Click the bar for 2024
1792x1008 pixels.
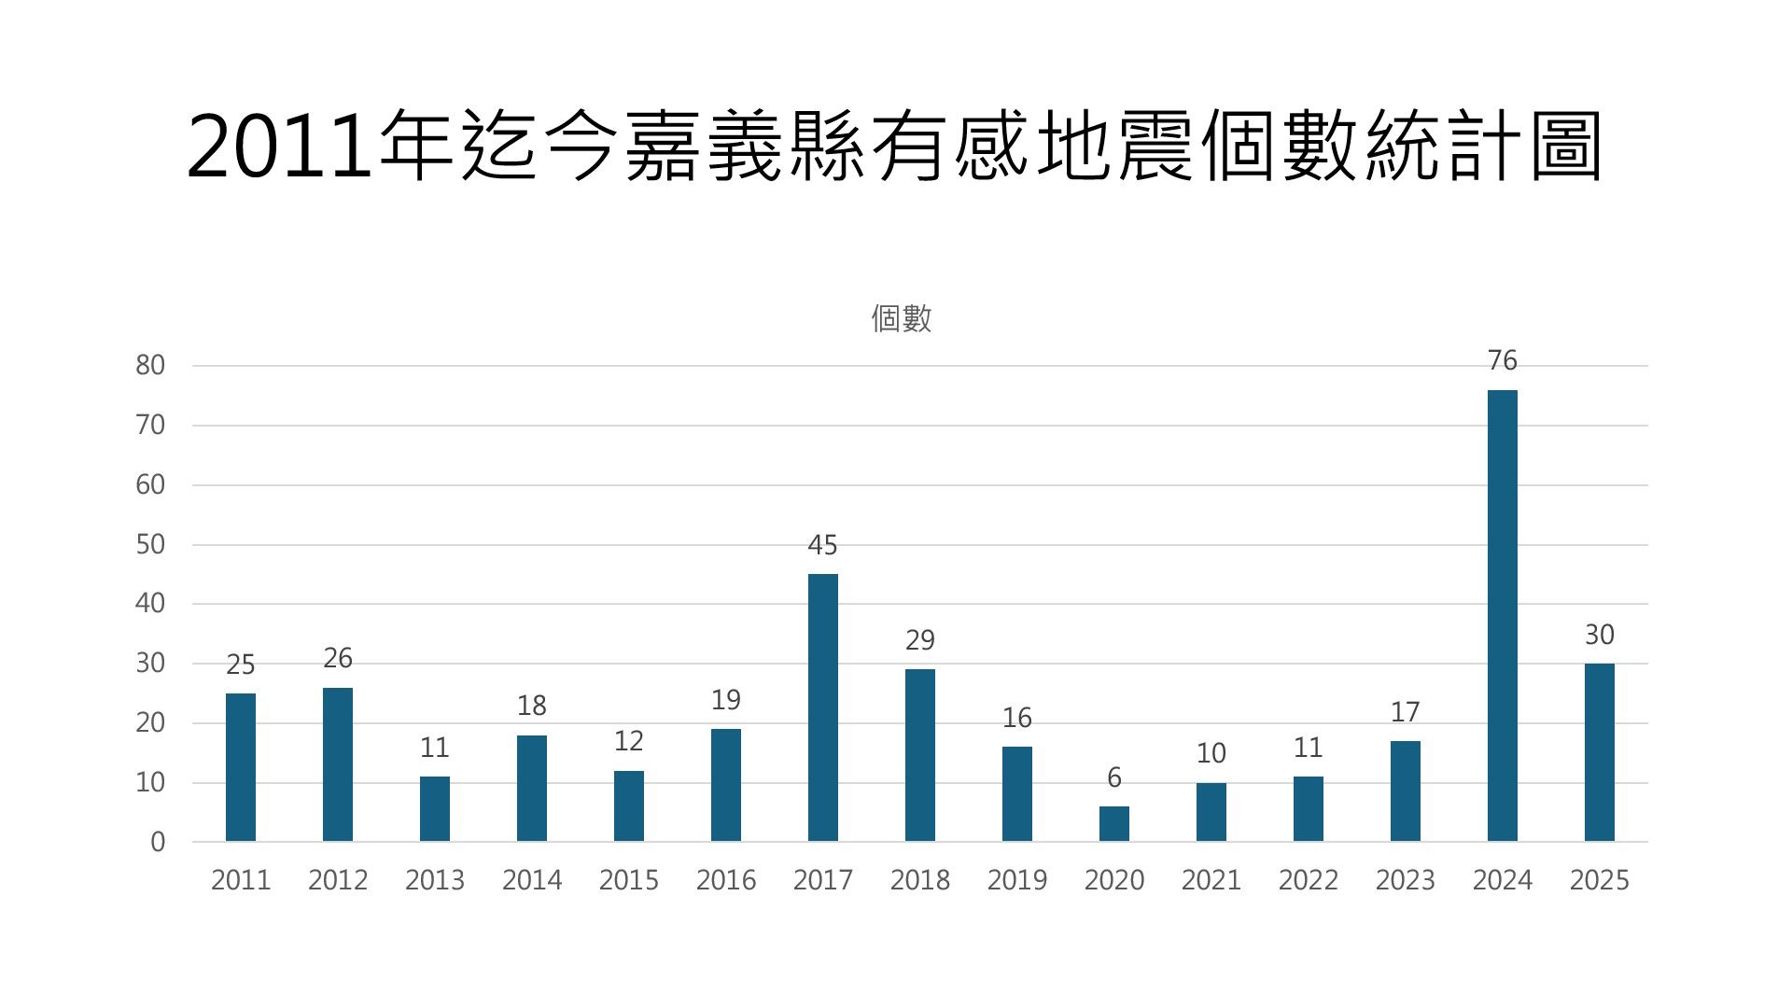1502,616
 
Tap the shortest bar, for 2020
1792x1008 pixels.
1113,824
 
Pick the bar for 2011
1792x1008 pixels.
241,767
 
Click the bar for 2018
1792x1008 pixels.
919,755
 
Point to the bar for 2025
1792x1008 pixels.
1599,752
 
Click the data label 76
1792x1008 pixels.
1502,360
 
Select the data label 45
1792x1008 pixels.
822,545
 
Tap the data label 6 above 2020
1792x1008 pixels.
1113,777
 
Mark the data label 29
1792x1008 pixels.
919,640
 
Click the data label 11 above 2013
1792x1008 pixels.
435,748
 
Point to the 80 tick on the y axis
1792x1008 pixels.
150,366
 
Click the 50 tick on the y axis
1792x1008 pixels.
150,545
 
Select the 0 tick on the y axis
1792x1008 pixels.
158,842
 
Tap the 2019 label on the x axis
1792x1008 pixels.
1016,880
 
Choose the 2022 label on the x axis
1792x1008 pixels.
1308,880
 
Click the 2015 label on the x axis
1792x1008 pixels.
628,880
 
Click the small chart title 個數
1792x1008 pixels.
901,319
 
